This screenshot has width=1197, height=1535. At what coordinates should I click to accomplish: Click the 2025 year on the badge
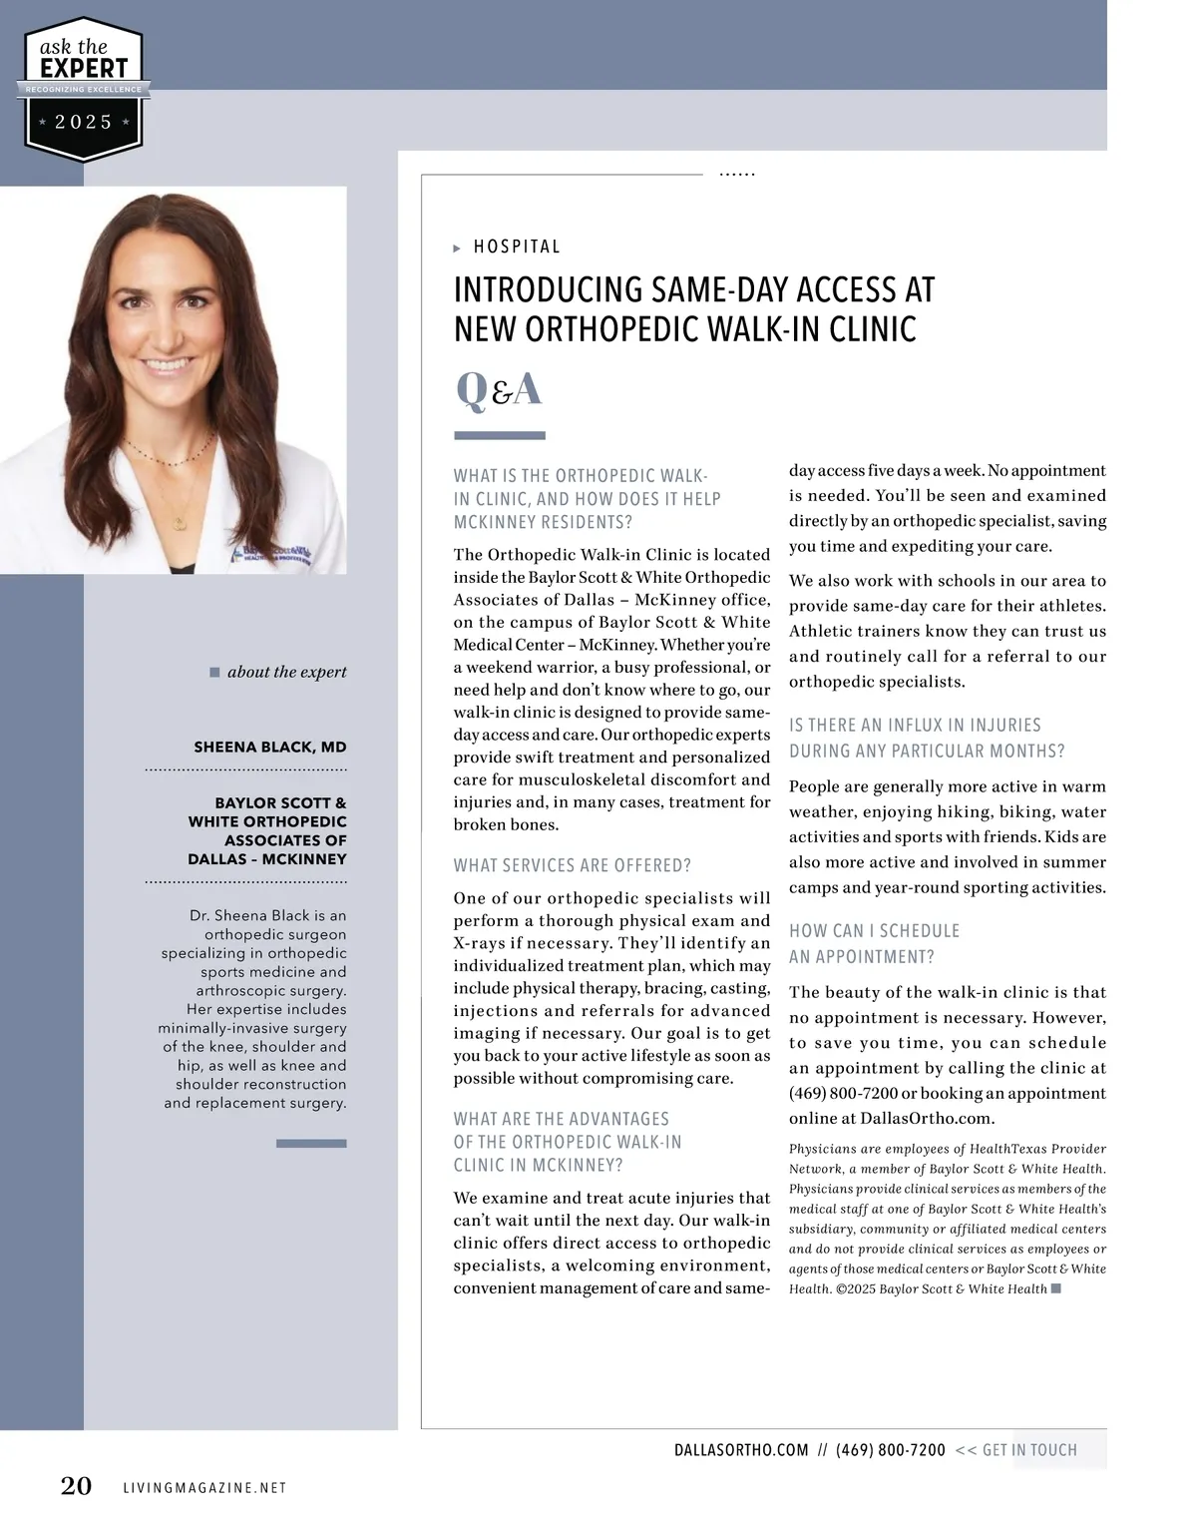click(83, 122)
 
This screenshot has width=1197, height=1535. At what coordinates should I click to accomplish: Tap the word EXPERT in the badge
click(84, 69)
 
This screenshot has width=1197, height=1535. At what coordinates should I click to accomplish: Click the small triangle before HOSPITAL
click(457, 248)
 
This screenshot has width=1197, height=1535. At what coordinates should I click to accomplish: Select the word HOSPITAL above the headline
click(517, 247)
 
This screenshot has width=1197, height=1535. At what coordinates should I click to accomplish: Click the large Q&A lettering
click(498, 389)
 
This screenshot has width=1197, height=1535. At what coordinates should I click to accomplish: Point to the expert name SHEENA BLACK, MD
click(269, 747)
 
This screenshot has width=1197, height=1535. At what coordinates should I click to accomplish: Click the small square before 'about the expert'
click(214, 672)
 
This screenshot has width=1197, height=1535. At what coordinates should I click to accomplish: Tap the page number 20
click(76, 1486)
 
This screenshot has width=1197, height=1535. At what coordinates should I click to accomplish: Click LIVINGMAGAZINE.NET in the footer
click(204, 1488)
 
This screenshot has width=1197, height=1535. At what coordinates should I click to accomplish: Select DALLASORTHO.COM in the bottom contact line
click(741, 1450)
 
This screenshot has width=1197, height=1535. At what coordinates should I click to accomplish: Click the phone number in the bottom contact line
click(890, 1450)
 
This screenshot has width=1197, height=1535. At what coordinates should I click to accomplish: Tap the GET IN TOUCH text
click(1029, 1450)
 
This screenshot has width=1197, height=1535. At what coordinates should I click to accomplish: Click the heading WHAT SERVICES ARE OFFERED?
click(572, 865)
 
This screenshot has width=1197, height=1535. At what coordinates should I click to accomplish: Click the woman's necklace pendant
click(178, 522)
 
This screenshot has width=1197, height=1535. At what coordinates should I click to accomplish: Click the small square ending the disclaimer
click(1056, 1288)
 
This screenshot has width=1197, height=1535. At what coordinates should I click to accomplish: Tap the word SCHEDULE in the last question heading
click(919, 931)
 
